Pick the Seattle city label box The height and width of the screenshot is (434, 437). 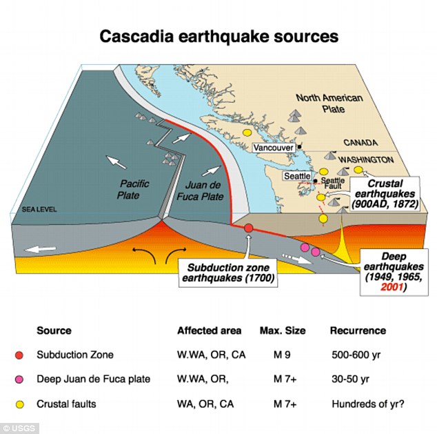(298, 177)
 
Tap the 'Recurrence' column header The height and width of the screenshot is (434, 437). (358, 331)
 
